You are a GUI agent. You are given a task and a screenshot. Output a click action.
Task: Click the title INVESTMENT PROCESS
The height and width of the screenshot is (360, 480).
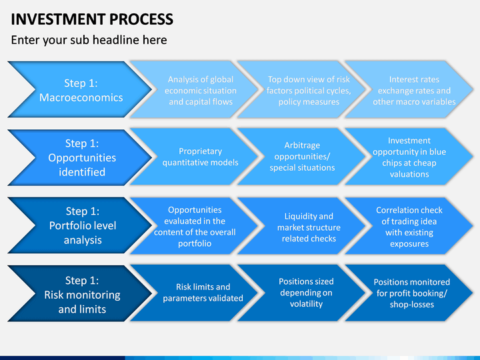point(92,19)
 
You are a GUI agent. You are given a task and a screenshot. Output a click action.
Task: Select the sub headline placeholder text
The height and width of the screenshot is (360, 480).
point(89,40)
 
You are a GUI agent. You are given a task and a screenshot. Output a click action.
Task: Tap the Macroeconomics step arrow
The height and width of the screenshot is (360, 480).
point(80,89)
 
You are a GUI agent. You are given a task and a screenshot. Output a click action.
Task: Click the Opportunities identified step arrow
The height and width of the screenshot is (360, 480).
point(80,157)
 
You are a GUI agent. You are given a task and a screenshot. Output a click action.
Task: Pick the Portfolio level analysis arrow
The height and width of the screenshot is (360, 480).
point(80,225)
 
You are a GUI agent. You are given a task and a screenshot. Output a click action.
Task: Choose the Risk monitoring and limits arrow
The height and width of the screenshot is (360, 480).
point(80,293)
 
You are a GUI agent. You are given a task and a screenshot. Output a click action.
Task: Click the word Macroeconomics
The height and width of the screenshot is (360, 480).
point(81,97)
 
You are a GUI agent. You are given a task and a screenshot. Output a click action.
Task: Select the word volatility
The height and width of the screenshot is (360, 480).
point(306,304)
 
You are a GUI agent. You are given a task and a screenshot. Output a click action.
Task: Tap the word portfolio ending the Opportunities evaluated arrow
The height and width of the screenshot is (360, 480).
point(195,244)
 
